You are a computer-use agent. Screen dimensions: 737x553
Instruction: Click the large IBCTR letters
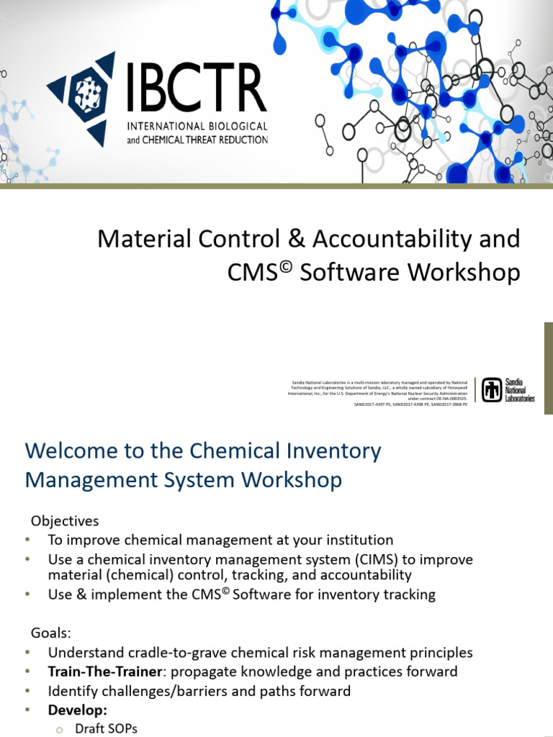point(196,88)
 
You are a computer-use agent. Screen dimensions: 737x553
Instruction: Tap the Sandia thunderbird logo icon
point(492,389)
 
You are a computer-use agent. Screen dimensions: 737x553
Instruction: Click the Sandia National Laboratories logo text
point(520,389)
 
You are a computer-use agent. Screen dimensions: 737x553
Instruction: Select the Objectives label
point(65,520)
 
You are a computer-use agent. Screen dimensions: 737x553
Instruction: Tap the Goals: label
point(51,633)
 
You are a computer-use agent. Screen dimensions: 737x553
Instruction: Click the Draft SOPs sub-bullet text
point(106,728)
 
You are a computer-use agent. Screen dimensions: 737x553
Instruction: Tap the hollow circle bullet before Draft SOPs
point(60,729)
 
